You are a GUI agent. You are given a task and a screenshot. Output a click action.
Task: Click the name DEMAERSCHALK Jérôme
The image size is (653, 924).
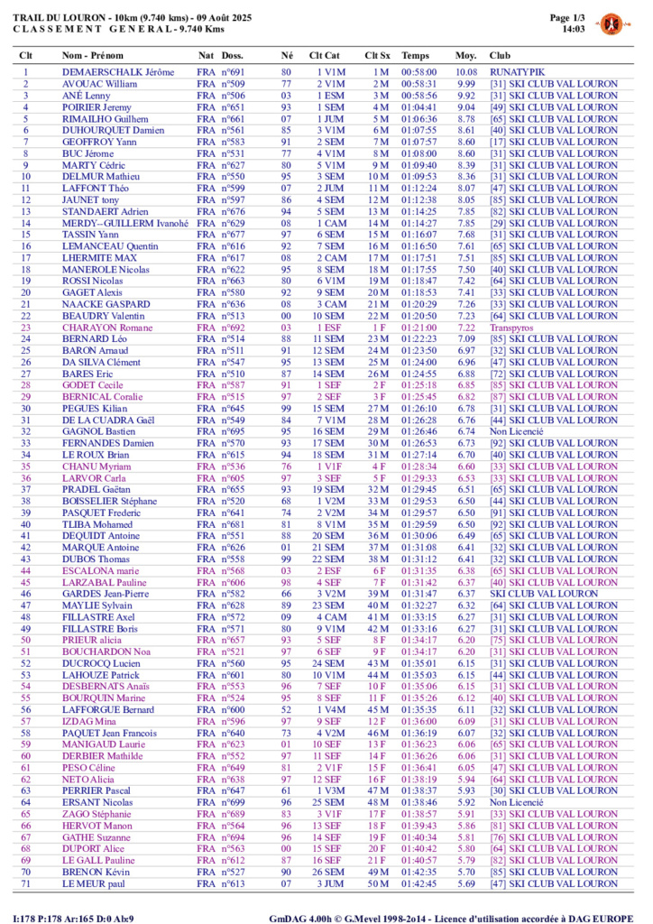tap(117, 71)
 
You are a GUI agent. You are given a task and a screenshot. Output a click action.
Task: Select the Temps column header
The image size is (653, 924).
tap(416, 55)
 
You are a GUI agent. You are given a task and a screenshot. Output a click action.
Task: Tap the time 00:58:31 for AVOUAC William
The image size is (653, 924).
tap(419, 83)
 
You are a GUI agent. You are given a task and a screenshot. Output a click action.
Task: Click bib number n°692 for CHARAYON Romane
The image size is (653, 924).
tap(233, 328)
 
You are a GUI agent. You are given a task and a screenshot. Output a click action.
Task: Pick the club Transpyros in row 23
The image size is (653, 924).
tap(512, 328)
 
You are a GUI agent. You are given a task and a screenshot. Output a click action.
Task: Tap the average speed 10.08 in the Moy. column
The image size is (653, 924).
tap(465, 71)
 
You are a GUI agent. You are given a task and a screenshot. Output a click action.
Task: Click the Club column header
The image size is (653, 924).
tap(499, 55)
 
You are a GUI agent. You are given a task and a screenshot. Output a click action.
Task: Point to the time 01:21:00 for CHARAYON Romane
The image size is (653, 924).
tap(419, 328)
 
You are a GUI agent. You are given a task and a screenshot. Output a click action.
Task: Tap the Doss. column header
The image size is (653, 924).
tap(232, 55)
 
